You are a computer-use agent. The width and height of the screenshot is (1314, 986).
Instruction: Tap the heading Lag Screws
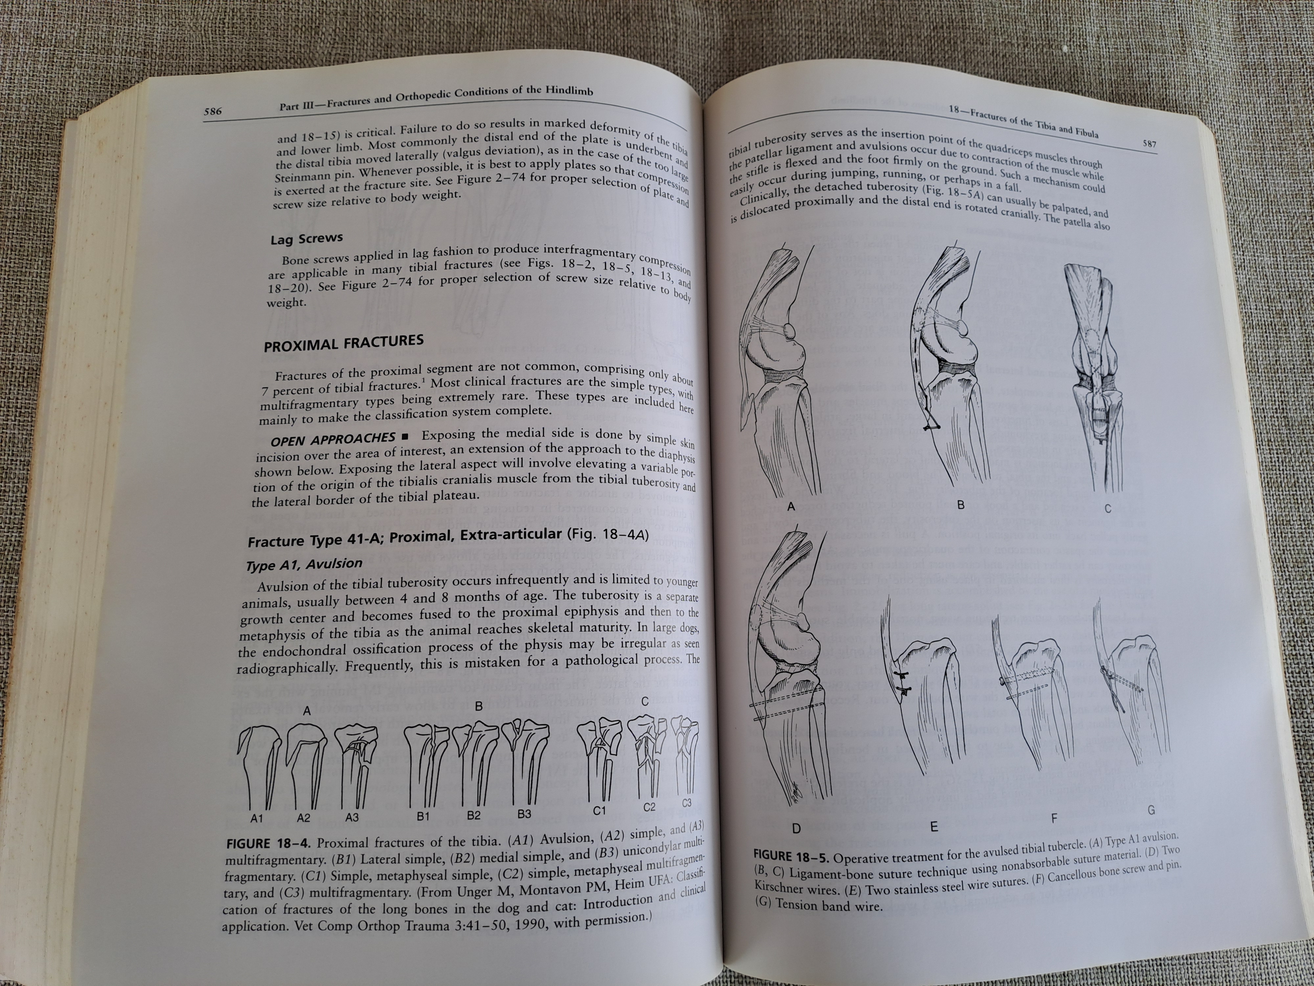coord(306,238)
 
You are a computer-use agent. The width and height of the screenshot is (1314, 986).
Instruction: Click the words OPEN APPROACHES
coord(333,439)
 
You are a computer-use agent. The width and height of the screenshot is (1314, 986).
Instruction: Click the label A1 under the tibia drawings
coord(257,818)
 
